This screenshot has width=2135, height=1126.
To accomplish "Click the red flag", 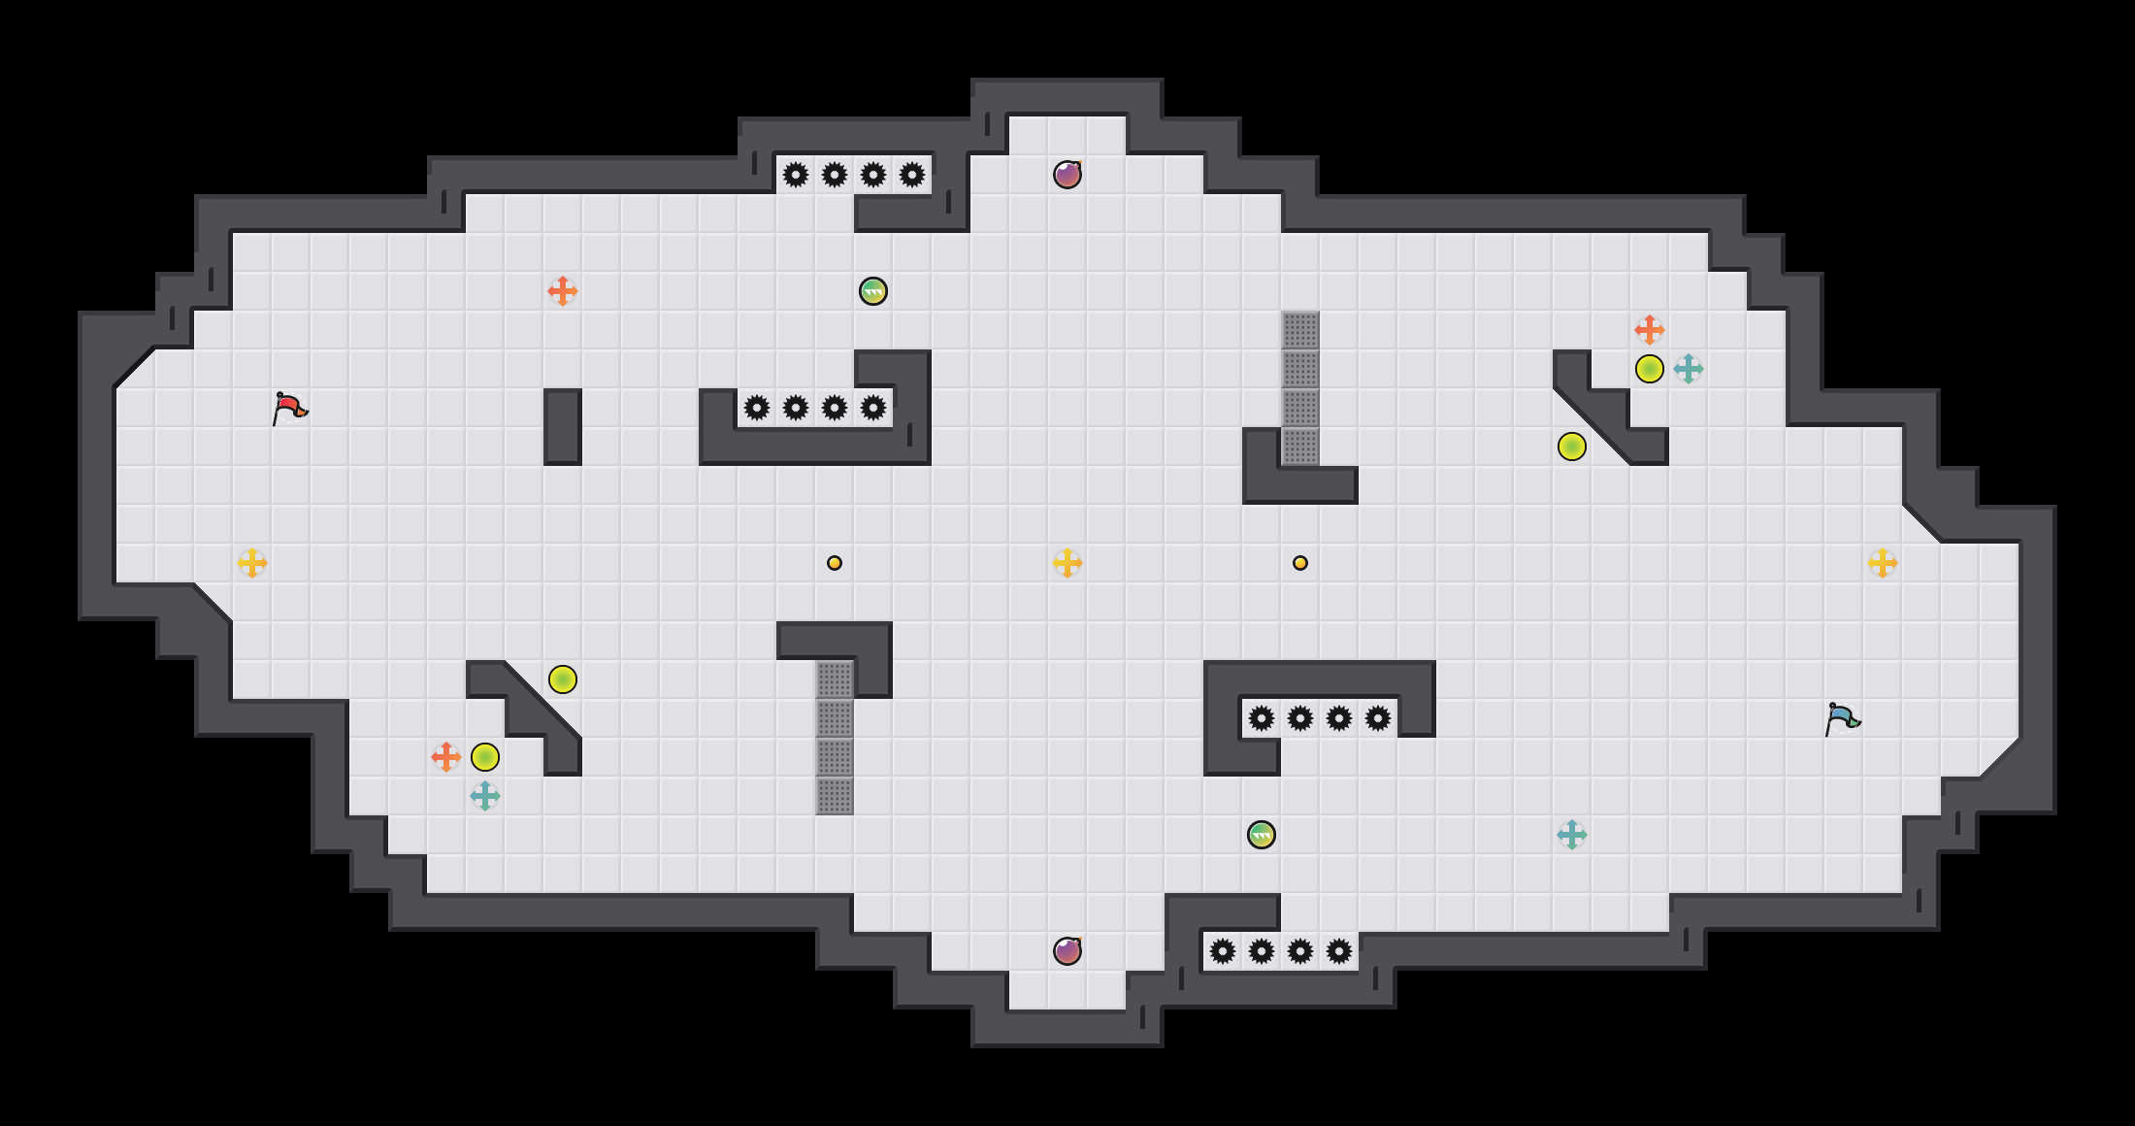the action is (289, 408).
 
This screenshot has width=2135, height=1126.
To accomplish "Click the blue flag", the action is (1842, 718).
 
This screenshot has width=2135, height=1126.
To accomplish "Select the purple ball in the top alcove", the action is (1067, 175).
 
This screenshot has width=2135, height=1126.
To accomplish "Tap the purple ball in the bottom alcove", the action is (1067, 951).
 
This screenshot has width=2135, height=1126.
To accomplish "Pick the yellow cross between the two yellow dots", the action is (1067, 563).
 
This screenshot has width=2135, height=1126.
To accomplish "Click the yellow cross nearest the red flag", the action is (252, 563).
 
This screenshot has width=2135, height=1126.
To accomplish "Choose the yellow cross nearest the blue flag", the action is (1883, 563).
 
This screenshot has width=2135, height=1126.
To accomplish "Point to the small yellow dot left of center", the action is (835, 563).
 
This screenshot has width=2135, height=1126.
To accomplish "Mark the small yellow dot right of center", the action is (1300, 563).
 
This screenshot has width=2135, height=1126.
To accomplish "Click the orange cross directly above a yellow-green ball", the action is (1650, 330).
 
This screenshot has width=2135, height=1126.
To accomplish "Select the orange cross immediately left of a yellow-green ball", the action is (446, 757).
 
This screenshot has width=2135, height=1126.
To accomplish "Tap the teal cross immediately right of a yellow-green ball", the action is (1689, 369).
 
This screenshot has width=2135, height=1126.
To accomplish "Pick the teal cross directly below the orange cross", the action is (485, 796).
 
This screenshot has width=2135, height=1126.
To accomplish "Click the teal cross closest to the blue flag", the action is (1572, 835).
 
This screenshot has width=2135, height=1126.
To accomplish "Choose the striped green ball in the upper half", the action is (873, 291).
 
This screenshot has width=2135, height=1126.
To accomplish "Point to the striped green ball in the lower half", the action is (1262, 835).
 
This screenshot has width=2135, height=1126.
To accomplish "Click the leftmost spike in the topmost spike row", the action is (796, 175).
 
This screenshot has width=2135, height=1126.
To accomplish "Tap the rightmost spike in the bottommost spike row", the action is (1339, 951).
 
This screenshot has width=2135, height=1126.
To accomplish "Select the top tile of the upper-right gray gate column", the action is (1300, 330).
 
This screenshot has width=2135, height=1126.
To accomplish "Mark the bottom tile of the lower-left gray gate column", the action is (835, 796).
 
